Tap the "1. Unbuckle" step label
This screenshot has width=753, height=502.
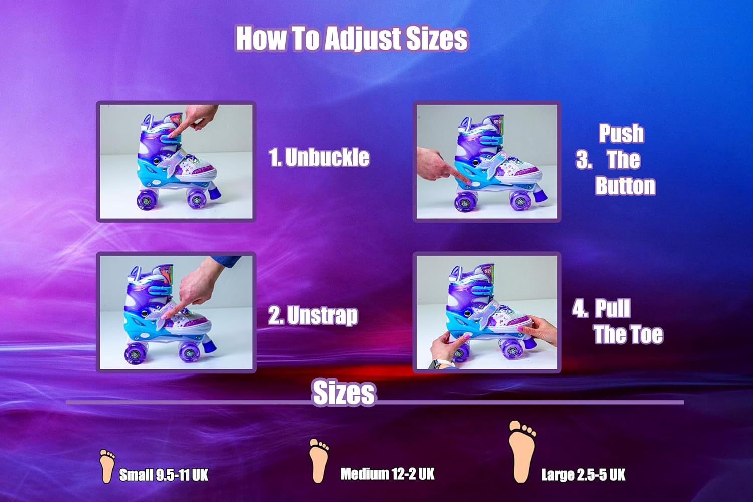(319, 157)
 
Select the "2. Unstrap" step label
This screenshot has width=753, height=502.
(313, 315)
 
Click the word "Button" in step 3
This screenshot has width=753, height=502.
(625, 186)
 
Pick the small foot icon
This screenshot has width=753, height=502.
(107, 466)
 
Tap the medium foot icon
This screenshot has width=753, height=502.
(319, 461)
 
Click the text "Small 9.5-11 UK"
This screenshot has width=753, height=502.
(164, 475)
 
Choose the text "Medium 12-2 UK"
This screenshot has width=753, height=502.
(388, 474)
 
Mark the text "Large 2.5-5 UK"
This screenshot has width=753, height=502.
(583, 475)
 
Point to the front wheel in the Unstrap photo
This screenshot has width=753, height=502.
(189, 352)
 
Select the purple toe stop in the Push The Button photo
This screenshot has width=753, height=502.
(539, 195)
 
